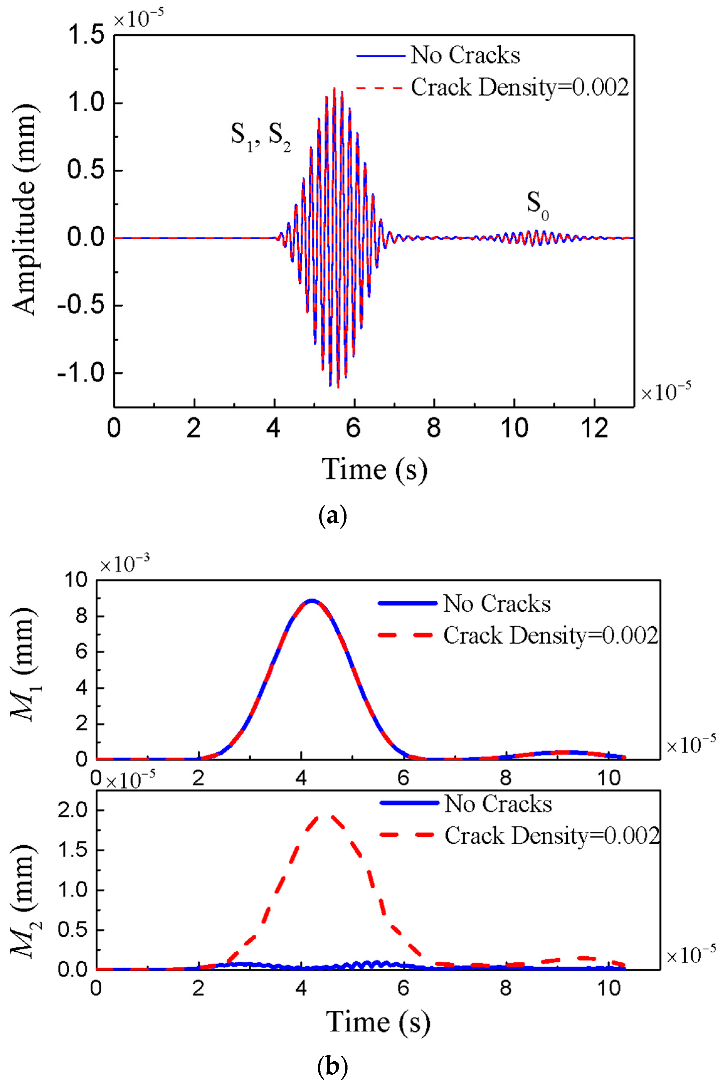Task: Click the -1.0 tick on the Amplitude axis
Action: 81,373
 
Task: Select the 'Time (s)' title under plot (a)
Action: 374,470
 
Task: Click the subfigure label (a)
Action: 333,516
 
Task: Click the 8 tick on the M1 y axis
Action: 82,616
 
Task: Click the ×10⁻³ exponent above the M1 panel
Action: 125,564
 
